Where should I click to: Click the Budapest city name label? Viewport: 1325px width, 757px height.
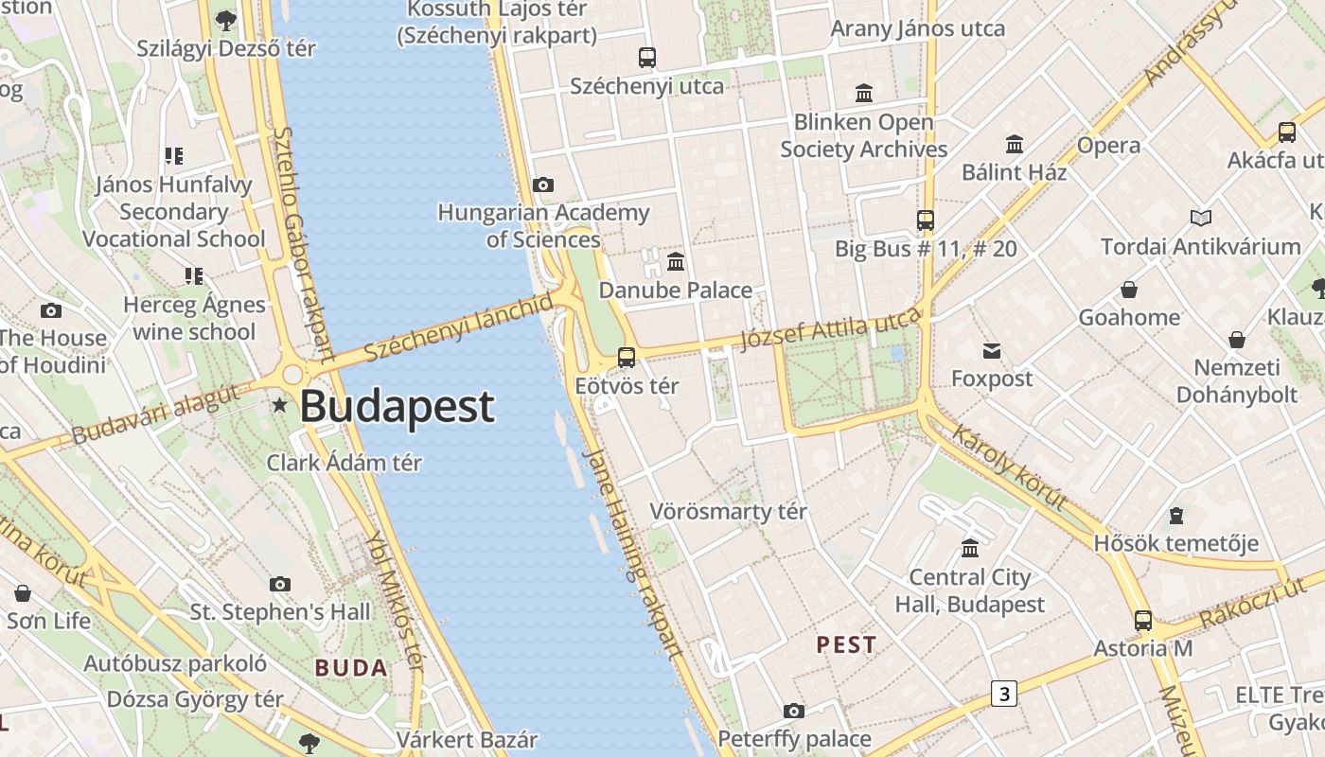pyautogui.click(x=397, y=407)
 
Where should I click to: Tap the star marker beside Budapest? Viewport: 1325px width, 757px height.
pyautogui.click(x=280, y=406)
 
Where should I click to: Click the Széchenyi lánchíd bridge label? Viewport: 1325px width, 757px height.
pyautogui.click(x=458, y=327)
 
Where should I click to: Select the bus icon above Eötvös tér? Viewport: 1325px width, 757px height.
pyautogui.click(x=626, y=358)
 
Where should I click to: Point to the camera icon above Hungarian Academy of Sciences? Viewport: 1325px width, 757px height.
pyautogui.click(x=543, y=185)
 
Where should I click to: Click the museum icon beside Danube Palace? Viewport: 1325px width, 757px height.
pyautogui.click(x=676, y=261)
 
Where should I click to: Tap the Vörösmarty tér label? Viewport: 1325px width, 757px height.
pyautogui.click(x=728, y=512)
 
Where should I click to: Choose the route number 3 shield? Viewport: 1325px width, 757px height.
pyautogui.click(x=1003, y=694)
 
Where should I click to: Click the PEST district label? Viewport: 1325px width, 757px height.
pyautogui.click(x=846, y=645)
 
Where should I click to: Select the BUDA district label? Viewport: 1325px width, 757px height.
pyautogui.click(x=351, y=668)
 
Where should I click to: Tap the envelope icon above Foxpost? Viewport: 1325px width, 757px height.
pyautogui.click(x=991, y=351)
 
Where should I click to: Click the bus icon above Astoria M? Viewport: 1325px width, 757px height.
pyautogui.click(x=1143, y=621)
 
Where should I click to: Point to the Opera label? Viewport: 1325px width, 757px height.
pyautogui.click(x=1108, y=146)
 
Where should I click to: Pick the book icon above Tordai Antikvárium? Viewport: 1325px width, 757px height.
pyautogui.click(x=1201, y=219)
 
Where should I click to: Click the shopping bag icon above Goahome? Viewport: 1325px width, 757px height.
pyautogui.click(x=1128, y=290)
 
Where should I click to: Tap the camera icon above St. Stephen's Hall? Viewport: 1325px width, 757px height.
pyautogui.click(x=280, y=584)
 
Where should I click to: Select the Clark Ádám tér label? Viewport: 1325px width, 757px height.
pyautogui.click(x=344, y=463)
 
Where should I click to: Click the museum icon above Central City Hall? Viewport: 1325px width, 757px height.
pyautogui.click(x=970, y=548)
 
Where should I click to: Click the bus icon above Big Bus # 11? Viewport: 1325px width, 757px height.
pyautogui.click(x=926, y=220)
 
